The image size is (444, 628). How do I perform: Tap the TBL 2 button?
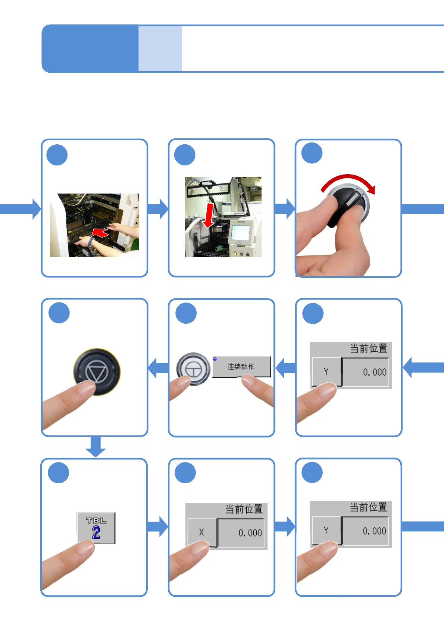pyautogui.click(x=96, y=527)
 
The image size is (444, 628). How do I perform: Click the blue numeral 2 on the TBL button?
pyautogui.click(x=96, y=533)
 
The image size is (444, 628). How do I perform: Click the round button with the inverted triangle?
pyautogui.click(x=97, y=371)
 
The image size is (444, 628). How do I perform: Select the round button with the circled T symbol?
pyautogui.click(x=193, y=369)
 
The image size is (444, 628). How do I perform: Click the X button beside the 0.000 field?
pyautogui.click(x=201, y=532)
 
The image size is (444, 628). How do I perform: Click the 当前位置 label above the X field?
pyautogui.click(x=244, y=509)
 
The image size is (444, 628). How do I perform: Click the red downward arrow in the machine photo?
pyautogui.click(x=209, y=216)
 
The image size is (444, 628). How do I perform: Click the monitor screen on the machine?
pyautogui.click(x=240, y=233)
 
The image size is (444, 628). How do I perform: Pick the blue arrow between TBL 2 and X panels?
pyautogui.click(x=158, y=527)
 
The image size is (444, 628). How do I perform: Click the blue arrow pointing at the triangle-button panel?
pyautogui.click(x=158, y=368)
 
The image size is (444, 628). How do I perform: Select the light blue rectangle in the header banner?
pyautogui.click(x=160, y=48)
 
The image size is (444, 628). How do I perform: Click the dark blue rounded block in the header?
pyautogui.click(x=90, y=48)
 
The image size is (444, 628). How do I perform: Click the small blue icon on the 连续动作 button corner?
pyautogui.click(x=215, y=359)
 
